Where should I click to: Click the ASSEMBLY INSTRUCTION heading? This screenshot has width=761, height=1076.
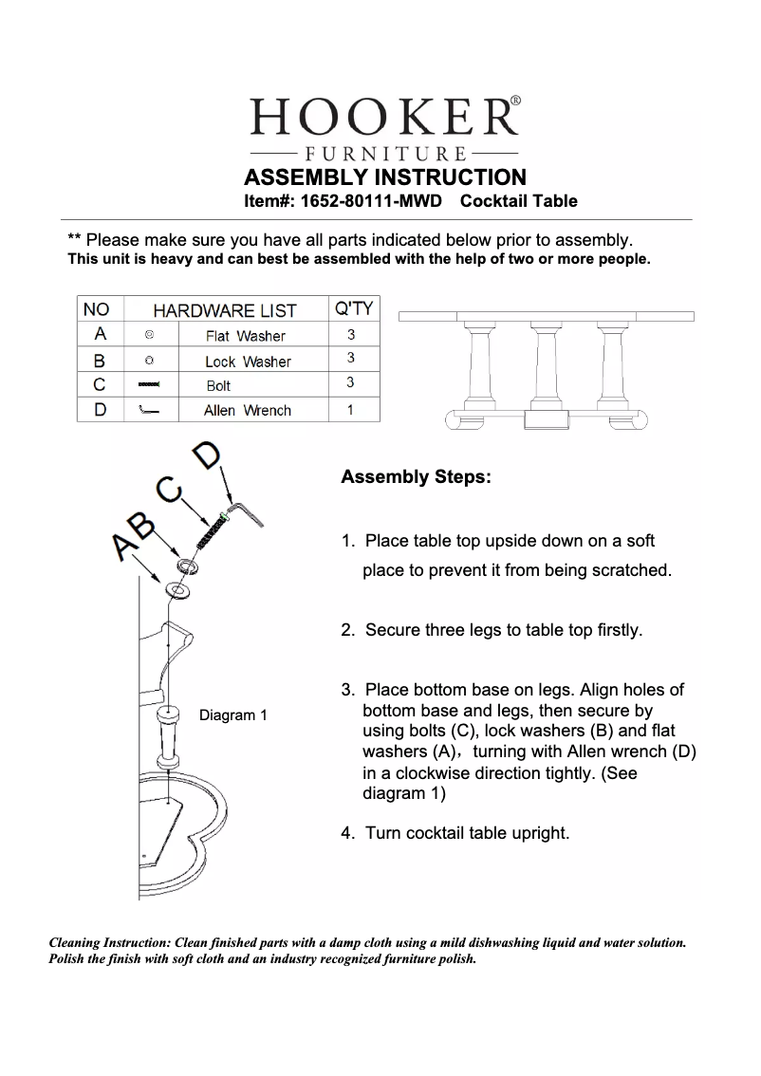384,177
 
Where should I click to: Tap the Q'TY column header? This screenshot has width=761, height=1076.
354,308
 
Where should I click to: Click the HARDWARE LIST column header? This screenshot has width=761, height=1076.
225,310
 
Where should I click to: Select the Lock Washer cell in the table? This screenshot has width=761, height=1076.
248,362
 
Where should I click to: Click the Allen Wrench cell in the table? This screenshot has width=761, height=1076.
247,411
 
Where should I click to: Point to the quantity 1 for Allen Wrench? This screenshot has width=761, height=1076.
351,411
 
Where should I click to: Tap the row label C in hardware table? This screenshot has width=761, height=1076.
101,385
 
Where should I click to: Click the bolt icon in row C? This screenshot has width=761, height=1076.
150,385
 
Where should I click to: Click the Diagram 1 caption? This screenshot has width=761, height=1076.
232,715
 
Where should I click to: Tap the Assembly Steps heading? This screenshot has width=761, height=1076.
416,476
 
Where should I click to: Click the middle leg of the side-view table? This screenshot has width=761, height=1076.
546,370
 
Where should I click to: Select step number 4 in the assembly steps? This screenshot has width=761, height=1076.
347,833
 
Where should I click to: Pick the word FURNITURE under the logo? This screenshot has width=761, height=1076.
384,154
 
